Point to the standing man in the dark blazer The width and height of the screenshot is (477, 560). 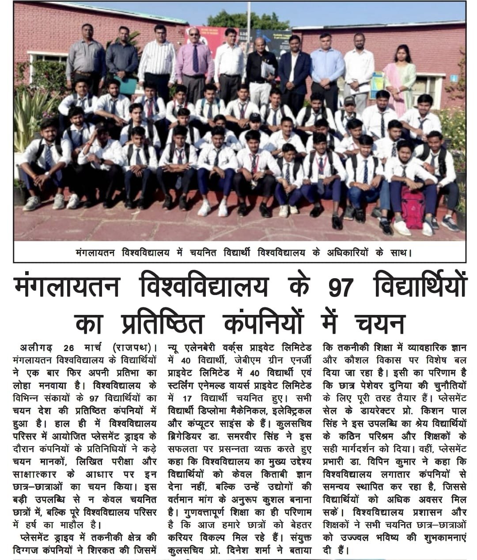pyautogui.click(x=295, y=73)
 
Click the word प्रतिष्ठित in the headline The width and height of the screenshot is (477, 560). pyautogui.click(x=162, y=324)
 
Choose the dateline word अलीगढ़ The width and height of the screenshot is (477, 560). pyautogui.click(x=36, y=347)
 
